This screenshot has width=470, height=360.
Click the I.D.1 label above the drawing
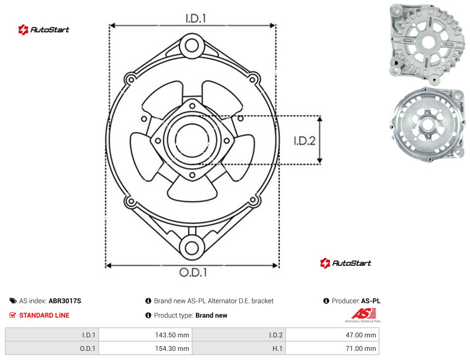pos(196,19)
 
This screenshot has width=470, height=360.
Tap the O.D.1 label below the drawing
pos(193,272)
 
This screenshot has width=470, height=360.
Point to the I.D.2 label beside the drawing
pos(304,141)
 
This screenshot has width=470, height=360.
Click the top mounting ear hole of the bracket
pos(192,46)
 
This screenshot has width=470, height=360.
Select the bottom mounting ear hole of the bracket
pos(192,248)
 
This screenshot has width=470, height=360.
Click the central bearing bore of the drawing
pos(192,140)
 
